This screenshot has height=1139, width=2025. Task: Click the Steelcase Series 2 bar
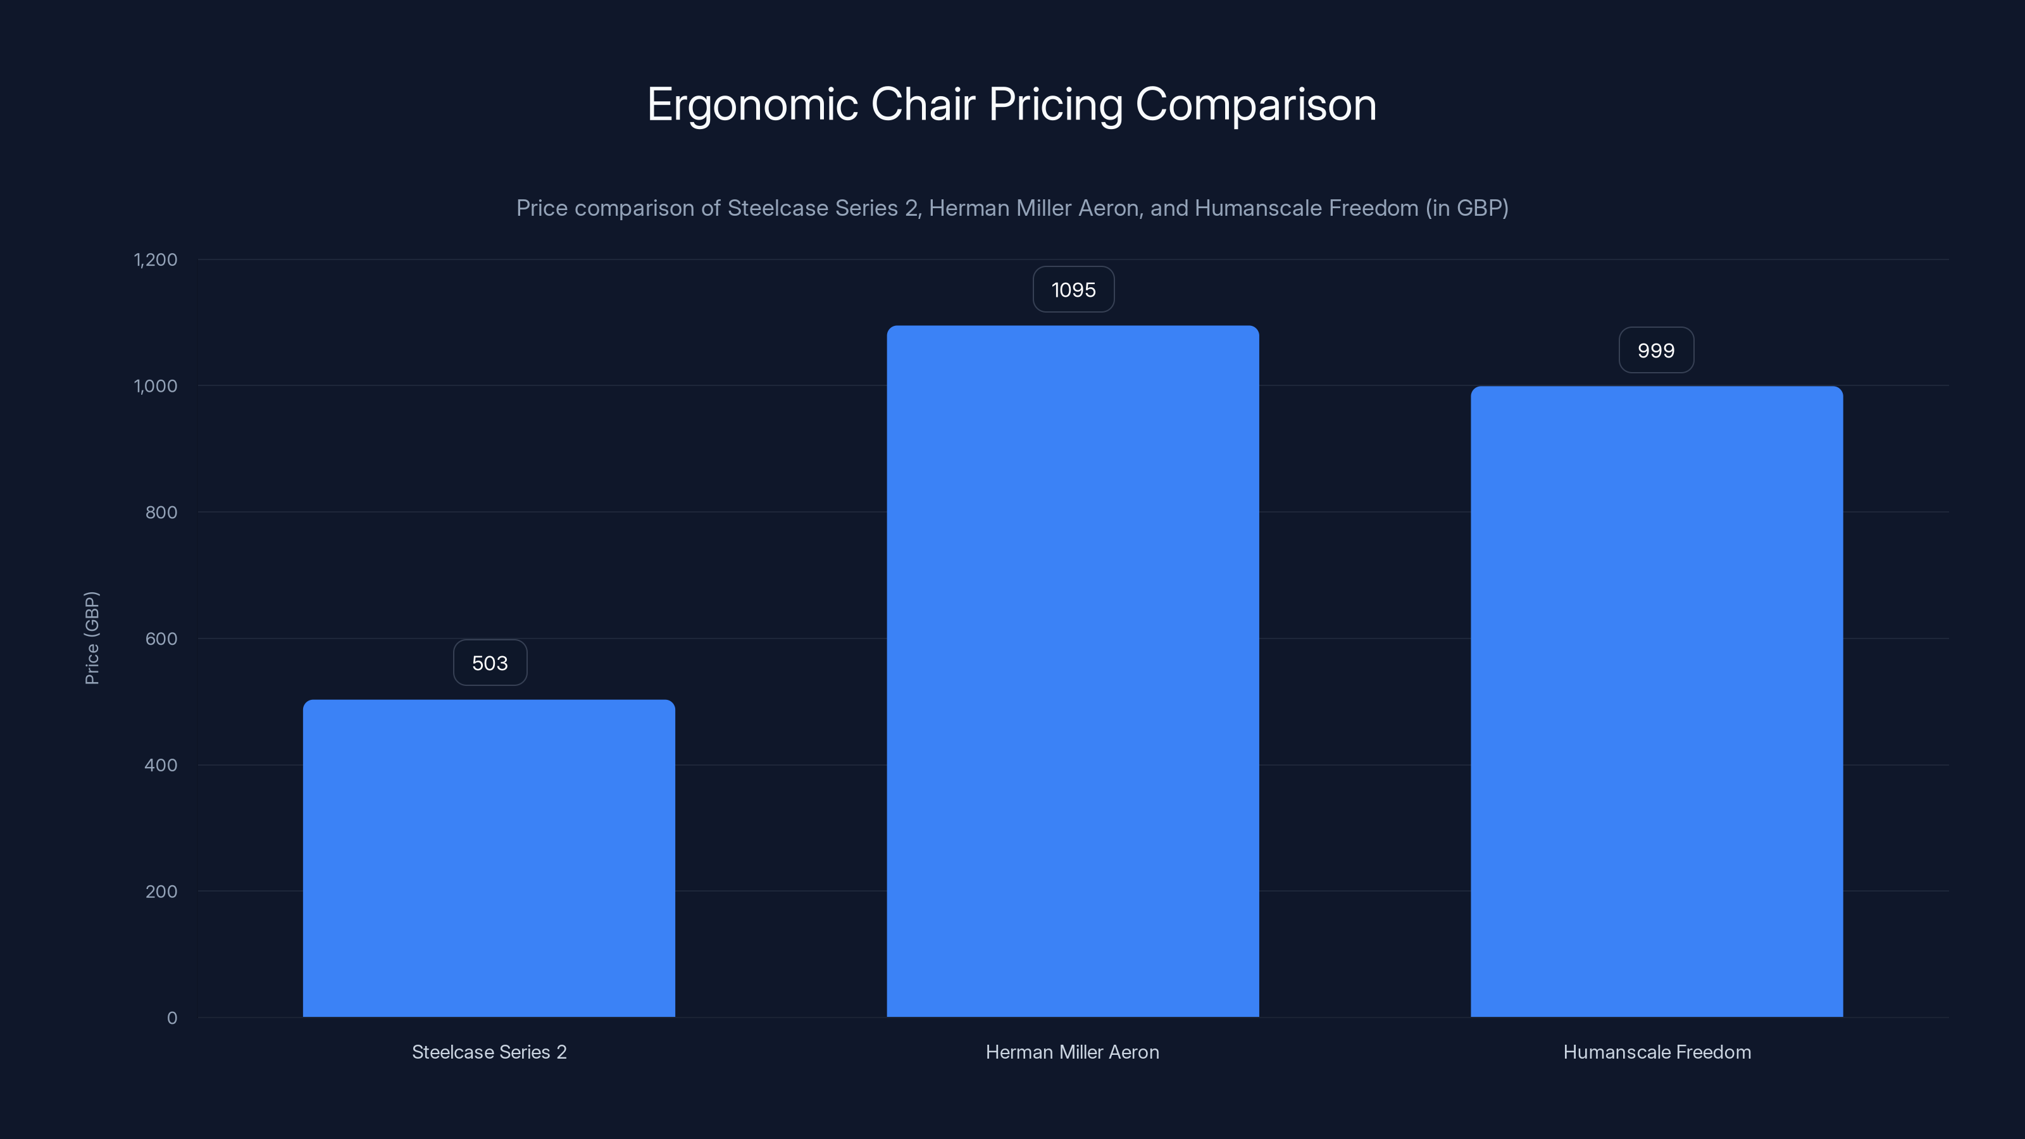click(489, 859)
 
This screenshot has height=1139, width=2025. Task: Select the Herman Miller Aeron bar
click(1072, 671)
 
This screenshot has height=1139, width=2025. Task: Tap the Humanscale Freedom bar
click(1656, 701)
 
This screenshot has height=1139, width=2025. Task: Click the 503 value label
click(490, 663)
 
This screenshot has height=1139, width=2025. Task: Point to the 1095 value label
click(1073, 289)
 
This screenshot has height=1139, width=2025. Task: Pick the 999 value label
click(1655, 351)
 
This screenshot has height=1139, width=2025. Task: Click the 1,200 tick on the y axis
click(156, 259)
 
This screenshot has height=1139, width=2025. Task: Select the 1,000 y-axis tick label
click(156, 386)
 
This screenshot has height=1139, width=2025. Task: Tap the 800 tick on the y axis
click(161, 513)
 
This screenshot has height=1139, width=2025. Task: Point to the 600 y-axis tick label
click(161, 639)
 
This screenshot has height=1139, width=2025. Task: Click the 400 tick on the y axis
click(161, 765)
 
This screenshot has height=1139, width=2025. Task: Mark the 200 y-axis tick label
click(161, 892)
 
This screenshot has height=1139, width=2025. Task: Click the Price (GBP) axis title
click(92, 638)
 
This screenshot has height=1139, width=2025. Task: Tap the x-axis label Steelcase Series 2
click(489, 1052)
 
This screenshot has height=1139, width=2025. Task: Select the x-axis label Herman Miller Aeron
click(1072, 1052)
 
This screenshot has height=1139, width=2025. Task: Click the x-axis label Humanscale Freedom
click(1656, 1052)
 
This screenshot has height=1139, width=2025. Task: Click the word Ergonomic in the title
click(752, 104)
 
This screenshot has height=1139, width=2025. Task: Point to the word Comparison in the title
click(1255, 104)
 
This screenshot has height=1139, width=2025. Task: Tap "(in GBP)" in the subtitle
click(1466, 208)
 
